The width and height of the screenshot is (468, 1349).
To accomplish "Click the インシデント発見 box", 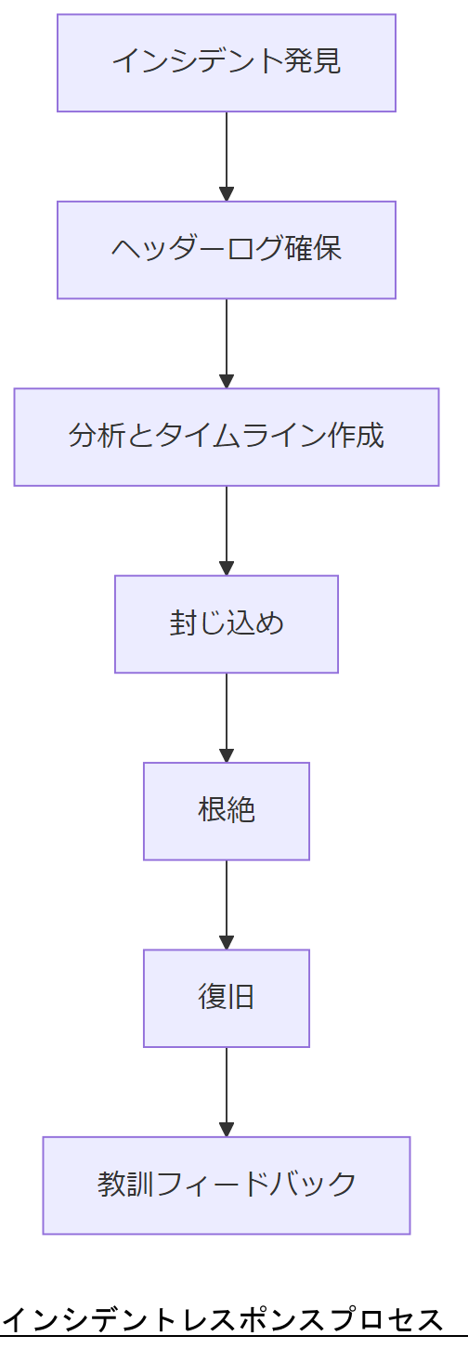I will coord(227,62).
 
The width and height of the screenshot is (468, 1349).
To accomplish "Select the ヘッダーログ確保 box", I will coord(227,250).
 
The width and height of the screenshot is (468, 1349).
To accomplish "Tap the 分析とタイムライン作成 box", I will coord(227,437).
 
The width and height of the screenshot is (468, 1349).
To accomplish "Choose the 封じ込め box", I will coord(227,623).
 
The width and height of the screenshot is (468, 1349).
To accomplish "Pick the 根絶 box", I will coord(227,811).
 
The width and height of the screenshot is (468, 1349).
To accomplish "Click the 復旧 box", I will coord(227,998).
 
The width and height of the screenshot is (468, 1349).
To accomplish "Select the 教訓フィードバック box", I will coord(227,1185).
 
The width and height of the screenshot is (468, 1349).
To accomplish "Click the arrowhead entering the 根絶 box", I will coord(227,754).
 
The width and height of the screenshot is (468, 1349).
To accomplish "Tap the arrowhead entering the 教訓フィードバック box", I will coord(227,1129).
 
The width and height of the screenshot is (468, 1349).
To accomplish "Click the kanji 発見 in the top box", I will coord(313,62).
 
